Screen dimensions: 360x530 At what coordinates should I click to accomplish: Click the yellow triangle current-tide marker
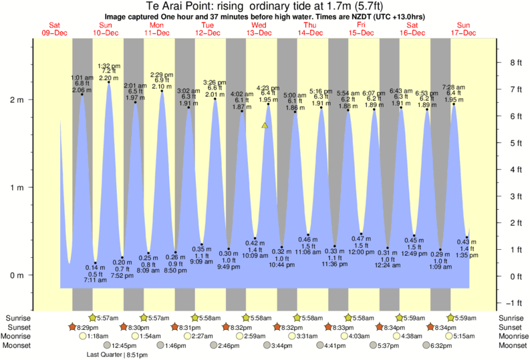pyautogui.click(x=265, y=125)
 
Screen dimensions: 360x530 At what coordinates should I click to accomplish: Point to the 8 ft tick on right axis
pyautogui.click(x=515, y=63)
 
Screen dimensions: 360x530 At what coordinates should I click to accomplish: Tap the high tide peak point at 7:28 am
pyautogui.click(x=454, y=104)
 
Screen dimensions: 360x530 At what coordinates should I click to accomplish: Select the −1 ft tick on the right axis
pyautogui.click(x=515, y=303)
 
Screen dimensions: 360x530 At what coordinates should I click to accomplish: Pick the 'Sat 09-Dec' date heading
pyautogui.click(x=54, y=29)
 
